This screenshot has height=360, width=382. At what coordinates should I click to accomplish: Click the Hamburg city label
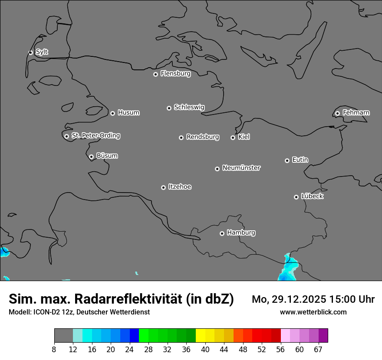(x=241, y=233)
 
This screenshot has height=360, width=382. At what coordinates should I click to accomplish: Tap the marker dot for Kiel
(x=233, y=137)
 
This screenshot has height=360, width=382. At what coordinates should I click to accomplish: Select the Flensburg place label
(x=175, y=74)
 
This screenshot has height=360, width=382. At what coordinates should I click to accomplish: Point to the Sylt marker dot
(x=30, y=52)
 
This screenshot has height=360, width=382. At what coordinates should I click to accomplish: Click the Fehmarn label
(x=356, y=113)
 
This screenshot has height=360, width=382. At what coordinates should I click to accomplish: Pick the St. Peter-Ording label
(x=95, y=136)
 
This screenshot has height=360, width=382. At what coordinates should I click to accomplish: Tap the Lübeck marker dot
(x=296, y=197)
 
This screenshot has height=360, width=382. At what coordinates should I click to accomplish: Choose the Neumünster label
(x=241, y=168)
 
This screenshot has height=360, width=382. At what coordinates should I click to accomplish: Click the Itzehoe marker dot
(x=163, y=187)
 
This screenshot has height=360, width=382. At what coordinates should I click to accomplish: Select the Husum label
(x=128, y=113)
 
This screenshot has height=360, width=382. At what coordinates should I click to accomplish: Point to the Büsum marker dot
(x=91, y=157)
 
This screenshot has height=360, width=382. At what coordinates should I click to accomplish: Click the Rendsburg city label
(x=203, y=137)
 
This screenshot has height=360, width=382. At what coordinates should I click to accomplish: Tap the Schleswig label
(x=189, y=107)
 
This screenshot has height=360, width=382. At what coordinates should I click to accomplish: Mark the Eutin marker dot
(x=287, y=160)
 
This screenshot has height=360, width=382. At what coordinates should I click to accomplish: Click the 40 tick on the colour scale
(x=205, y=349)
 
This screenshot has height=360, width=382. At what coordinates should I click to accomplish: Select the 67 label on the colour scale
(x=318, y=349)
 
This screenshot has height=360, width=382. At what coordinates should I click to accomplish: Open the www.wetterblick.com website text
(x=313, y=312)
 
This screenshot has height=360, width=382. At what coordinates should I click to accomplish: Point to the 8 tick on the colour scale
(x=54, y=349)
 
